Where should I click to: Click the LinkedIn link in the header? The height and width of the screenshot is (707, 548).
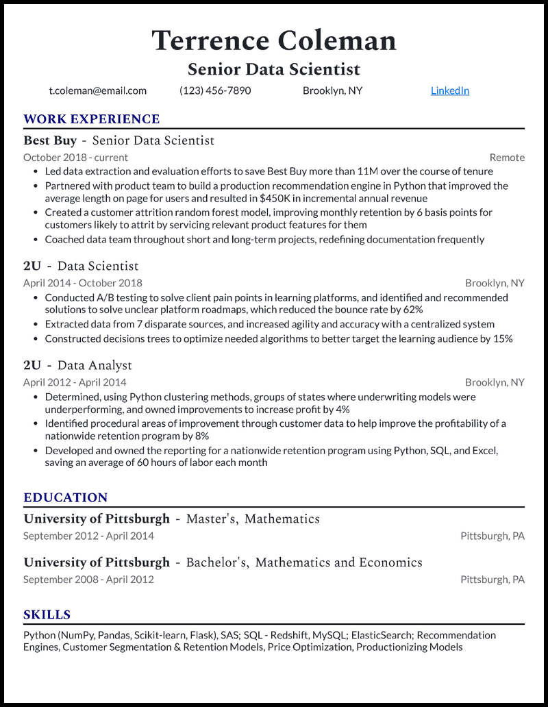[x=450, y=90]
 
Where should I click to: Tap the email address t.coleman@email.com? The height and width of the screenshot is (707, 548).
[x=98, y=90]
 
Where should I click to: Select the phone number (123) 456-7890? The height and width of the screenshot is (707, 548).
[x=215, y=90]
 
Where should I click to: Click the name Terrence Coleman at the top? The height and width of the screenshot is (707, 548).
[x=274, y=40]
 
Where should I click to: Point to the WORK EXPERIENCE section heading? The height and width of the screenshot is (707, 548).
[x=91, y=119]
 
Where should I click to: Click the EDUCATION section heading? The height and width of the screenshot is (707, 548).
[x=66, y=498]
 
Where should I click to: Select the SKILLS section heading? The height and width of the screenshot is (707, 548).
[x=47, y=615]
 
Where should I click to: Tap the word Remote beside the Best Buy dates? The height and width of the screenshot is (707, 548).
[x=507, y=158]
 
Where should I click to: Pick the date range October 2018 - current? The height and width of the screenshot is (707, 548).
[x=75, y=158]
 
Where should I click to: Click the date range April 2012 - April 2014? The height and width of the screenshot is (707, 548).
[x=75, y=382]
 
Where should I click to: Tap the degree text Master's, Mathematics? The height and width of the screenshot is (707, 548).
[x=253, y=519]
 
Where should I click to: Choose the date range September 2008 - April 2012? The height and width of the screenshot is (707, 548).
[x=88, y=580]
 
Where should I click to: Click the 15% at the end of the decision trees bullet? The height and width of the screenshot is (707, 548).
[x=502, y=338]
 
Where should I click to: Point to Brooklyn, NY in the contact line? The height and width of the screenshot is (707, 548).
[x=332, y=90]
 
